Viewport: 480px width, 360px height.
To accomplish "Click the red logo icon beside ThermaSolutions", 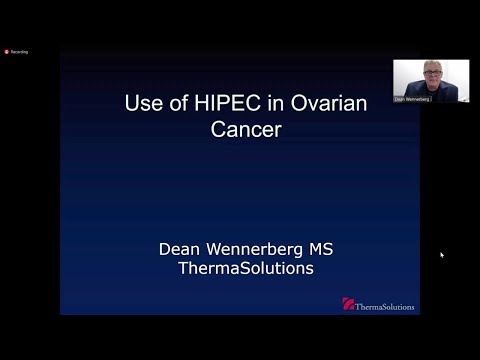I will coord(348,304).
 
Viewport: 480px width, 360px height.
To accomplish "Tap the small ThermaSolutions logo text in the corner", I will coord(385,306).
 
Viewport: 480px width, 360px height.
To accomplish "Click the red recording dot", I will coord(6,51).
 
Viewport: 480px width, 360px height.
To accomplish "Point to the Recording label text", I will coord(19,51).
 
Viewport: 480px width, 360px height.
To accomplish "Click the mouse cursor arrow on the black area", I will coord(441,254).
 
